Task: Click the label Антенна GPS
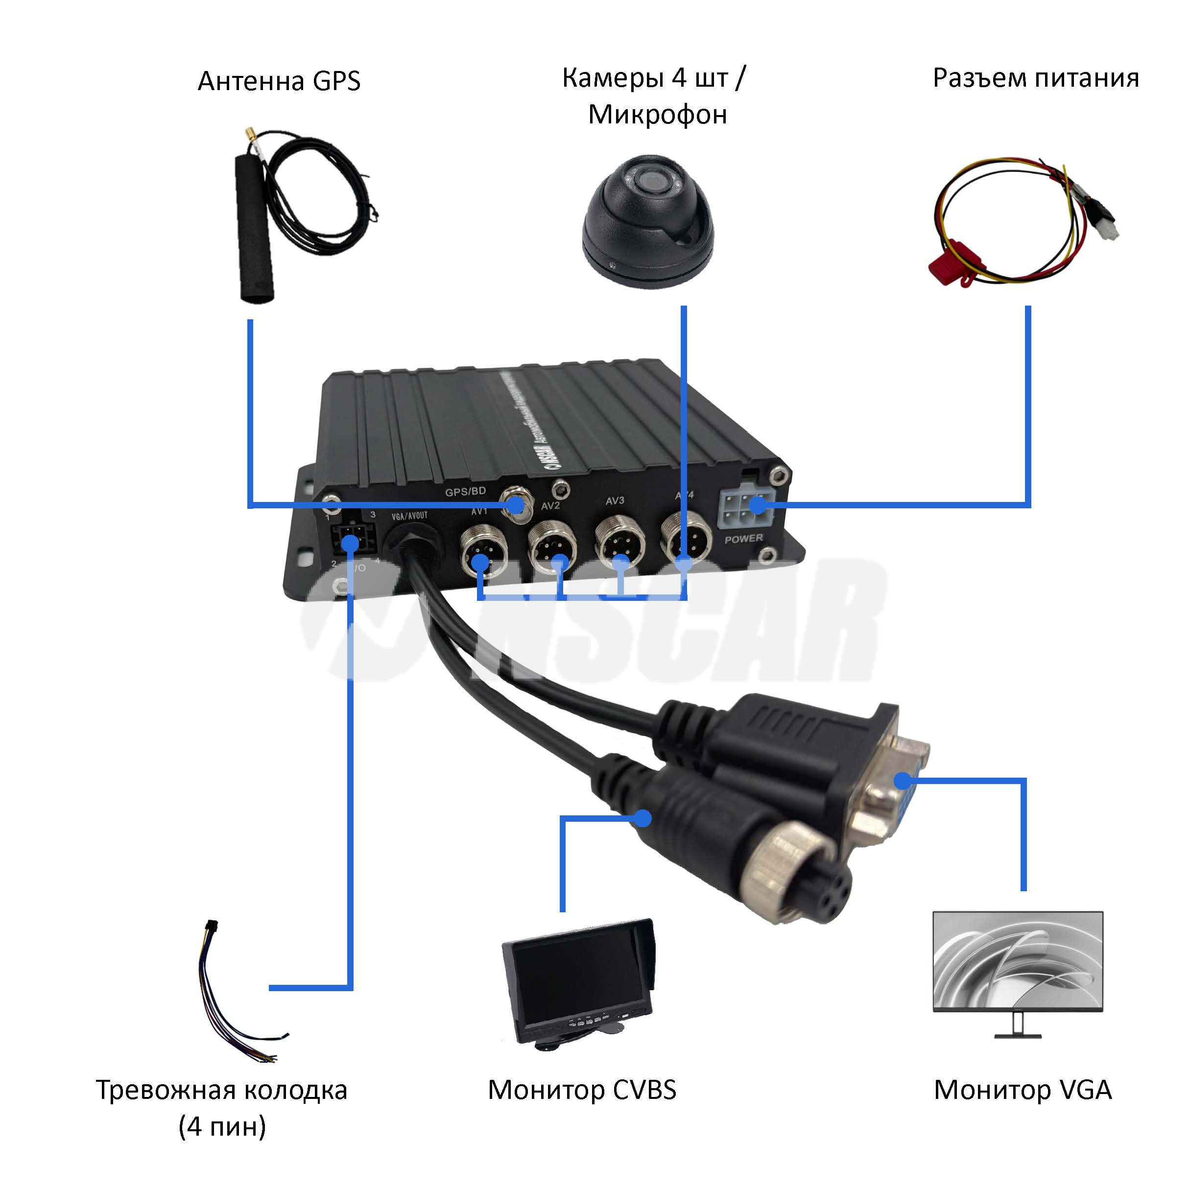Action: pyautogui.click(x=279, y=81)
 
